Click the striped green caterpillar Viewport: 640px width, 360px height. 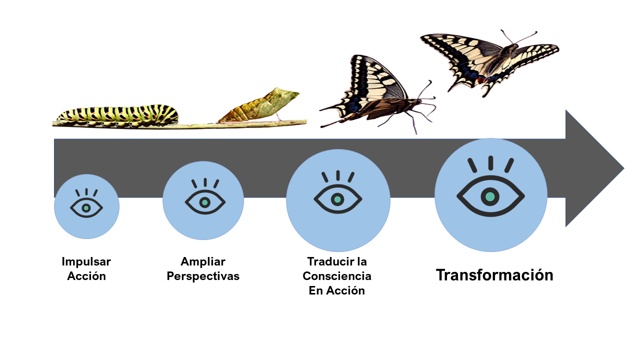point(117,115)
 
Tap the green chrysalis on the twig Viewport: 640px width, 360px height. point(260,105)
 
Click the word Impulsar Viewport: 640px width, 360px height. point(86,261)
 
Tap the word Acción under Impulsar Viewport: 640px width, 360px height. point(86,276)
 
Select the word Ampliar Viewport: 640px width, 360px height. point(203,261)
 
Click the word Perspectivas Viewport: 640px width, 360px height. point(203,276)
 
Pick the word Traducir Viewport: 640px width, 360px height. point(327,261)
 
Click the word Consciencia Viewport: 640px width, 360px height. point(337,276)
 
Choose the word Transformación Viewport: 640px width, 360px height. point(494,275)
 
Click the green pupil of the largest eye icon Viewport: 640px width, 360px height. point(490,196)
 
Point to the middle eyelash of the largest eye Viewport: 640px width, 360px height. point(490,162)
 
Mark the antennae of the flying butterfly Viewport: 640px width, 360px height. point(520,36)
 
